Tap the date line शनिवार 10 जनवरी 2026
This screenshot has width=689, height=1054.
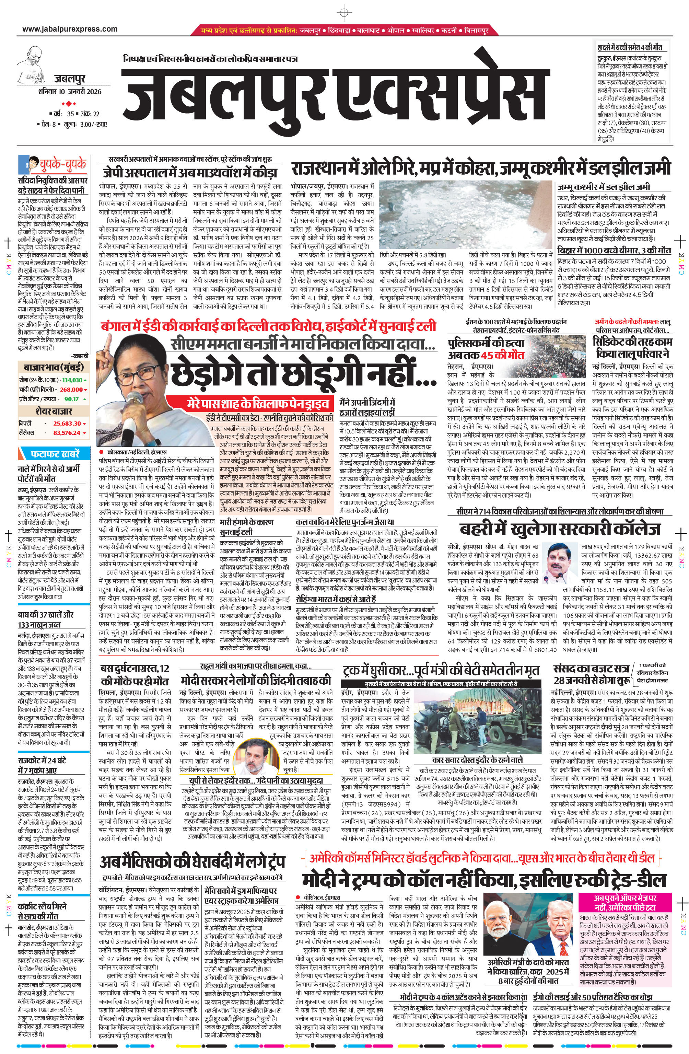click(x=70, y=92)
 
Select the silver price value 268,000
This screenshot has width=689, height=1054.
click(x=71, y=389)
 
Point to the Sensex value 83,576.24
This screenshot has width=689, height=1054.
click(x=67, y=433)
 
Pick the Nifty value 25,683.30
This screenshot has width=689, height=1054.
click(x=67, y=424)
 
